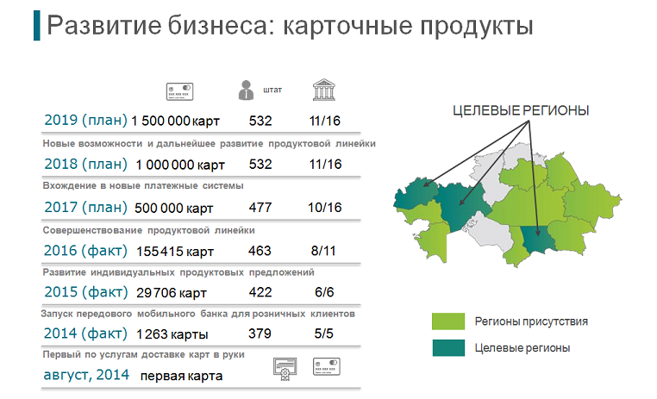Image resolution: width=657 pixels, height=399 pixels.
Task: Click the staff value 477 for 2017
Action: [x=260, y=207]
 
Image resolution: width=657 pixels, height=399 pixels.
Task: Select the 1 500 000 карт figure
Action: [x=175, y=121]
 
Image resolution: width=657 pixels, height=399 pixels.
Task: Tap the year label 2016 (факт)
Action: [x=85, y=251]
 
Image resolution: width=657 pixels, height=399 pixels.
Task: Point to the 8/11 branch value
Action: [x=323, y=251]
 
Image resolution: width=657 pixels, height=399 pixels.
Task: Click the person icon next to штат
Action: [x=246, y=90]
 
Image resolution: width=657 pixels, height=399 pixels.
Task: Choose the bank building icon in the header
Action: [x=324, y=90]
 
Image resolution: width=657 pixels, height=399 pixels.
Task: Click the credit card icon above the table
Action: [x=179, y=91]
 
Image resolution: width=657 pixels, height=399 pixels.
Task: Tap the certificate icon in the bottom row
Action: [x=285, y=369]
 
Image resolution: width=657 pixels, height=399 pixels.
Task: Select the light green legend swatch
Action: [x=448, y=321]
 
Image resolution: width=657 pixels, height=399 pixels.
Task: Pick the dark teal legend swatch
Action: [x=448, y=347]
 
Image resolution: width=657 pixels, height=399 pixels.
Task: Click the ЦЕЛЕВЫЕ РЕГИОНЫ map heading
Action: [x=521, y=110]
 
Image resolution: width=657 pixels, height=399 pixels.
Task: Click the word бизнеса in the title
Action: [x=218, y=26]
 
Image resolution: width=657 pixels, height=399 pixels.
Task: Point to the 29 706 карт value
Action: [x=172, y=293]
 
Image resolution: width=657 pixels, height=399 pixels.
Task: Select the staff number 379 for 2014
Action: [x=260, y=334]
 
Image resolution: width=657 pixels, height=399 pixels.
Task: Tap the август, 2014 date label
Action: [x=86, y=375]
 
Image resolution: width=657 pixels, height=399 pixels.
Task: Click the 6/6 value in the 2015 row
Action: [x=324, y=292]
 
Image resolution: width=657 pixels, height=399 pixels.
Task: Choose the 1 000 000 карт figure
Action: [x=180, y=165]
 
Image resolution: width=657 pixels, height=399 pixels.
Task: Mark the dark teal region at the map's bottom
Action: [x=538, y=240]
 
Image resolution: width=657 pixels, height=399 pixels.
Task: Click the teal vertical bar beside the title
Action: [x=37, y=26]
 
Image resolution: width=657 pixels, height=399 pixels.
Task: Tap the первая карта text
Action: [x=181, y=376]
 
